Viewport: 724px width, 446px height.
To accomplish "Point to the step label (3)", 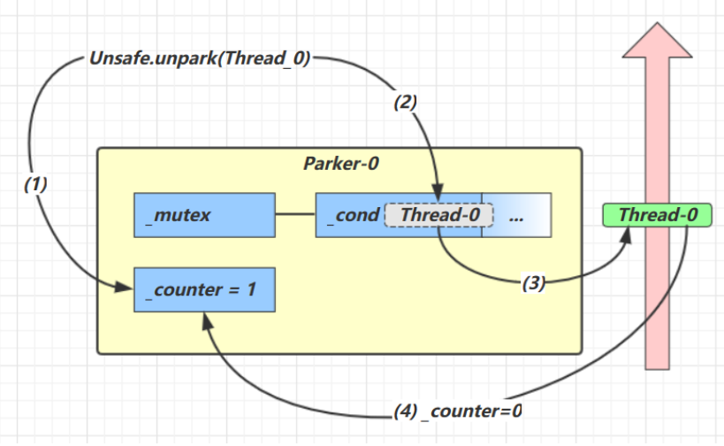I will (x=533, y=283).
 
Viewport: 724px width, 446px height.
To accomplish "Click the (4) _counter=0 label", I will (x=458, y=411).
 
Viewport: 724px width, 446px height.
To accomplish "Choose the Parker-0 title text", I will (x=339, y=164).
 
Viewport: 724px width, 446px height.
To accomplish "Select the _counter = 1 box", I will (x=202, y=290).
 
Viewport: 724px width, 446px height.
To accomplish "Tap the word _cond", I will (x=352, y=215).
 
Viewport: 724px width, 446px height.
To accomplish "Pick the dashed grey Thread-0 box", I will (x=433, y=215).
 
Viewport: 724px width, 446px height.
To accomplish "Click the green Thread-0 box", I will (x=656, y=215).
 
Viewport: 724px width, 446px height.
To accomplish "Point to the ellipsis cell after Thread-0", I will (x=516, y=215).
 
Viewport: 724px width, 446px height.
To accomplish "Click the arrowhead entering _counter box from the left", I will (x=127, y=288).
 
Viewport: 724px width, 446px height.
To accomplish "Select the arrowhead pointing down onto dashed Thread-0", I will (x=437, y=201).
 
